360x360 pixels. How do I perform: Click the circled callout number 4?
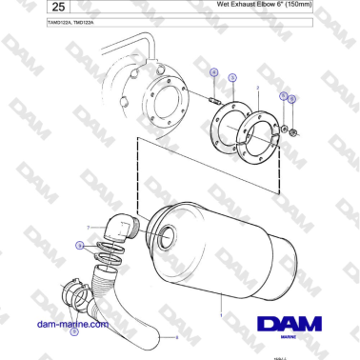pos(214,73)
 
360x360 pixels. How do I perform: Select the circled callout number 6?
pos(293,98)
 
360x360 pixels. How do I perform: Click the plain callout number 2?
pos(258,87)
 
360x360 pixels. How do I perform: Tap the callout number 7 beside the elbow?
pos(89,227)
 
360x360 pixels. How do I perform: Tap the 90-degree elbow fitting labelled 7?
pos(123,229)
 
